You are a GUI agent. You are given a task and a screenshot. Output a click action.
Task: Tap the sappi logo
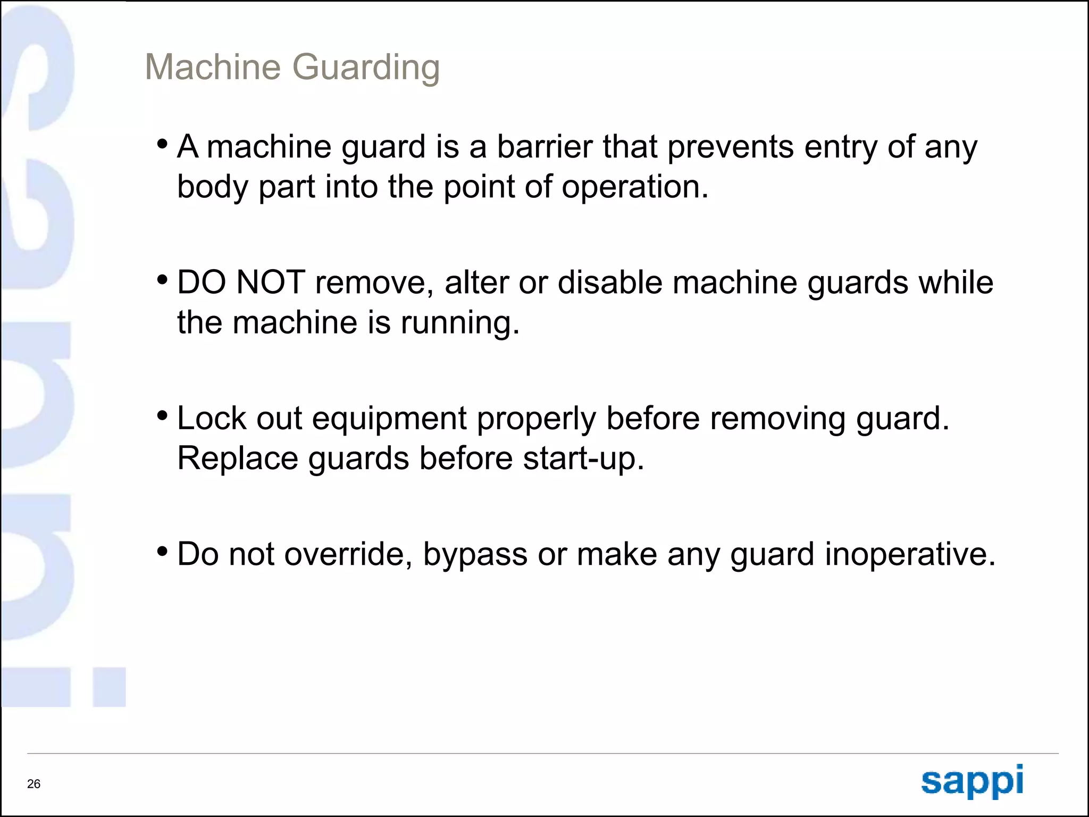pyautogui.click(x=972, y=781)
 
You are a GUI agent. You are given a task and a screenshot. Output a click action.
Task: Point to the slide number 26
pyautogui.click(x=33, y=784)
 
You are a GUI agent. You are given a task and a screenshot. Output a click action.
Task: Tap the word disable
pyautogui.click(x=609, y=282)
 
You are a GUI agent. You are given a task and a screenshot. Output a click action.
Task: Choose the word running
pyautogui.click(x=459, y=323)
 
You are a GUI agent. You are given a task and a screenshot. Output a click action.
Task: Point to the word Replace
pyautogui.click(x=238, y=458)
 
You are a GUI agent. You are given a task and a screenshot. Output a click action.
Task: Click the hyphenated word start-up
pyautogui.click(x=583, y=459)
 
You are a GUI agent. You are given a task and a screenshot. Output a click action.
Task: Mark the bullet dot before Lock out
pyautogui.click(x=163, y=415)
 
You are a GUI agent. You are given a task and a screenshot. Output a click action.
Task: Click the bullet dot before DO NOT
pyautogui.click(x=163, y=280)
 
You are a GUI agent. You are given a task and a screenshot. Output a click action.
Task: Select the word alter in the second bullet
pyautogui.click(x=476, y=282)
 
